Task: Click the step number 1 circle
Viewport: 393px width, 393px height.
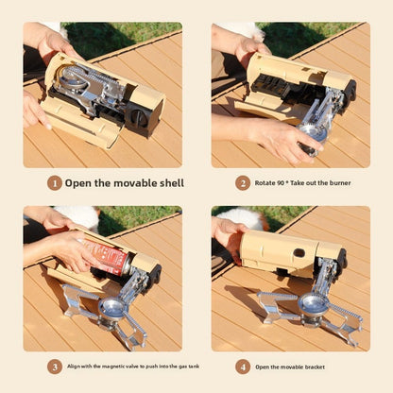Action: tap(55, 182)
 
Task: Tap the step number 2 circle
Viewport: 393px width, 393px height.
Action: tap(243, 182)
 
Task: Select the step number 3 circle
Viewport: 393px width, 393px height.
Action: tap(55, 366)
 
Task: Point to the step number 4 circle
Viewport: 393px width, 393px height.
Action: tap(243, 366)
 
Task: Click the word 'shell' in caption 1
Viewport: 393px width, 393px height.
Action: tap(167, 182)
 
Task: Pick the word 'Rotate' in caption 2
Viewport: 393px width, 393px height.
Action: tap(268, 183)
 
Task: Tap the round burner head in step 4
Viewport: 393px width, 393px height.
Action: tap(313, 303)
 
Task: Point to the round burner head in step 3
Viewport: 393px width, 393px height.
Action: tap(113, 308)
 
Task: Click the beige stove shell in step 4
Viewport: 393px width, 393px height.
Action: tap(279, 249)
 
